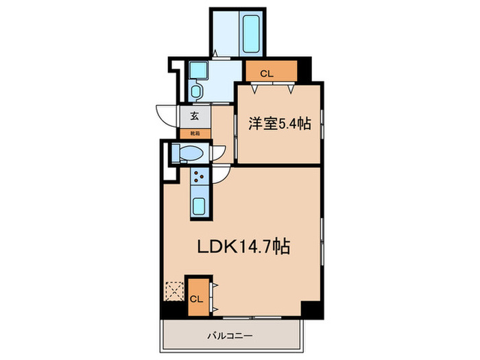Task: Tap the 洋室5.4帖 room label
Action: tap(280, 124)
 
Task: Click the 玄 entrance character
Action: tap(195, 115)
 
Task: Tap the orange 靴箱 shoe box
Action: tap(195, 132)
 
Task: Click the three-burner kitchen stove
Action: tap(200, 177)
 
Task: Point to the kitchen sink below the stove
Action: tap(200, 206)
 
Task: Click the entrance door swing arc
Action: tap(167, 113)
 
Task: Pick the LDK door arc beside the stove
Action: tap(221, 176)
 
